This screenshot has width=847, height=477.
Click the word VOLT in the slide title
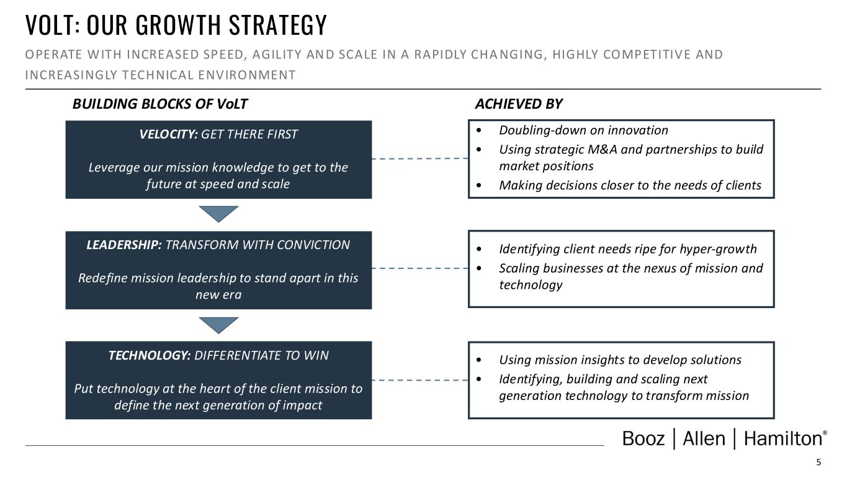pyautogui.click(x=51, y=25)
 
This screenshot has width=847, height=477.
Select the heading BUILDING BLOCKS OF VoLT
pyautogui.click(x=159, y=104)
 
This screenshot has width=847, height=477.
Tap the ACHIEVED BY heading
pyautogui.click(x=518, y=104)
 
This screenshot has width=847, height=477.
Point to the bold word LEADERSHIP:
pyautogui.click(x=124, y=245)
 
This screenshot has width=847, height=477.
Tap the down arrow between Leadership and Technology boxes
pyautogui.click(x=218, y=325)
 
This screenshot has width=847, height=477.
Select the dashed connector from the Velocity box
pyautogui.click(x=419, y=159)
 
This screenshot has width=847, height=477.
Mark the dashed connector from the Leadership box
pyautogui.click(x=419, y=268)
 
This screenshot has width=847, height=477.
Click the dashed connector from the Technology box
pyautogui.click(x=419, y=379)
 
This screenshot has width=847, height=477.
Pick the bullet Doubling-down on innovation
pyautogui.click(x=583, y=130)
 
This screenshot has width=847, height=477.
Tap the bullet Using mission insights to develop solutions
pyautogui.click(x=620, y=360)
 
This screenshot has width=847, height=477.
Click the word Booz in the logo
pyautogui.click(x=643, y=439)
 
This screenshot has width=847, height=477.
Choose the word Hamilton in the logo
pyautogui.click(x=782, y=439)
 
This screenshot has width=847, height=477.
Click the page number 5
pyautogui.click(x=818, y=462)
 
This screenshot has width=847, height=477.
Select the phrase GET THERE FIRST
pyautogui.click(x=249, y=135)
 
